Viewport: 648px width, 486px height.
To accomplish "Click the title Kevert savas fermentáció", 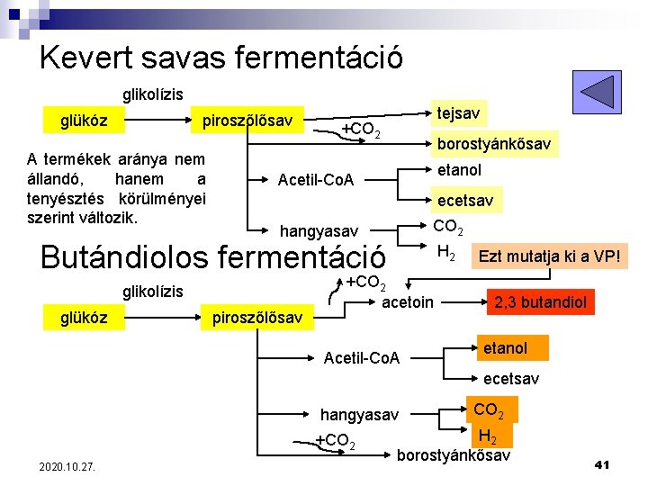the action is coord(221,58).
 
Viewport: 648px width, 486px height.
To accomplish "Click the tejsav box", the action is coord(459,113).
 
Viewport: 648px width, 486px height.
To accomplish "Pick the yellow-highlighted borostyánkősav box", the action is coord(494,144).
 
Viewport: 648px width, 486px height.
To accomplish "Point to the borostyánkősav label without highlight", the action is coord(454,456).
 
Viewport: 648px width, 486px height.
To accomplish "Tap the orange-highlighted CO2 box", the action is coord(489,411).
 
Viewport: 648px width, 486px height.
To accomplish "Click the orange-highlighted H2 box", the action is coord(489,437).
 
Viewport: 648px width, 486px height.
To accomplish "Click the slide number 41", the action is coord(603,464).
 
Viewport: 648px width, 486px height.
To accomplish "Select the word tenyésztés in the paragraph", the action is coord(64,198).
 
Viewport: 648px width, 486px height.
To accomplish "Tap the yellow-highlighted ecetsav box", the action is coord(464,201).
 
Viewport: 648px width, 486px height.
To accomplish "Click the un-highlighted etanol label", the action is coord(459,170).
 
